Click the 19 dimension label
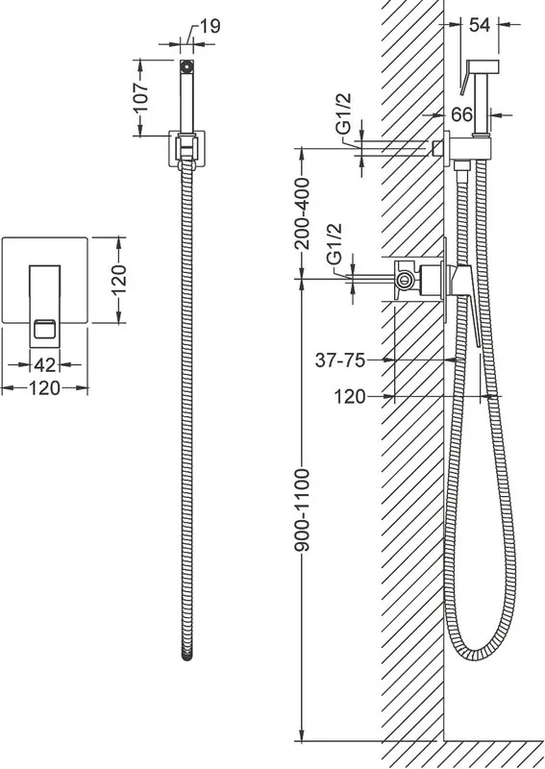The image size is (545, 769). click(x=210, y=26)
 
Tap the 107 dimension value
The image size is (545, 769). click(x=140, y=97)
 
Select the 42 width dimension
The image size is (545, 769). click(x=44, y=364)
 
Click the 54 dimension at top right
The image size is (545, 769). click(x=480, y=25)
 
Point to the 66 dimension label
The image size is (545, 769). click(x=461, y=114)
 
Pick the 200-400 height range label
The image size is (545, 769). click(x=304, y=213)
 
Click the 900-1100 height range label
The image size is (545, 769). click(x=304, y=510)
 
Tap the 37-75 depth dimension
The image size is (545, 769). click(x=340, y=360)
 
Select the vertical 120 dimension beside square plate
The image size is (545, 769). click(x=118, y=280)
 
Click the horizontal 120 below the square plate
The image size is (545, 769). click(x=44, y=388)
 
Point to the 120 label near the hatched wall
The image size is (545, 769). click(x=350, y=396)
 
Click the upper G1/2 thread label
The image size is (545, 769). click(x=344, y=113)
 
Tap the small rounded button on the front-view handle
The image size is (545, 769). click(x=44, y=329)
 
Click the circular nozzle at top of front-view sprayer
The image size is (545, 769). click(x=186, y=65)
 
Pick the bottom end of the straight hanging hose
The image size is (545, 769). click(x=186, y=657)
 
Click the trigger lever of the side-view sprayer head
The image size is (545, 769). click(x=464, y=80)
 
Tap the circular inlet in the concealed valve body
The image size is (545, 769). click(x=405, y=281)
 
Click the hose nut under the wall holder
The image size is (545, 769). click(x=461, y=164)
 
